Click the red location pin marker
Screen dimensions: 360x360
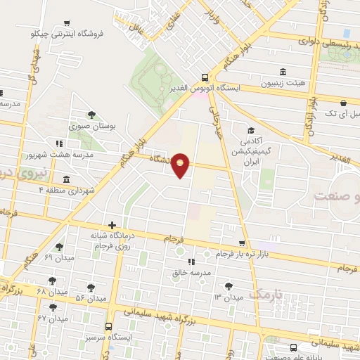coord(181,164)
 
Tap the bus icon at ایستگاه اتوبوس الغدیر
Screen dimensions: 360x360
coord(204,77)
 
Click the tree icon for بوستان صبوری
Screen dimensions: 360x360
coord(91,115)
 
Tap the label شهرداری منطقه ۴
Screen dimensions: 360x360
coord(67,190)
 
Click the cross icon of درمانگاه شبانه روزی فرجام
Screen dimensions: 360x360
coord(111,224)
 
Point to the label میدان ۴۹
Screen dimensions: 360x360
coord(59,257)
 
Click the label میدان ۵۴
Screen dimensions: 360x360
coord(90,298)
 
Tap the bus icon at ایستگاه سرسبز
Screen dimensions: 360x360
coord(109,326)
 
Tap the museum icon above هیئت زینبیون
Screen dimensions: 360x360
coord(283,72)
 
